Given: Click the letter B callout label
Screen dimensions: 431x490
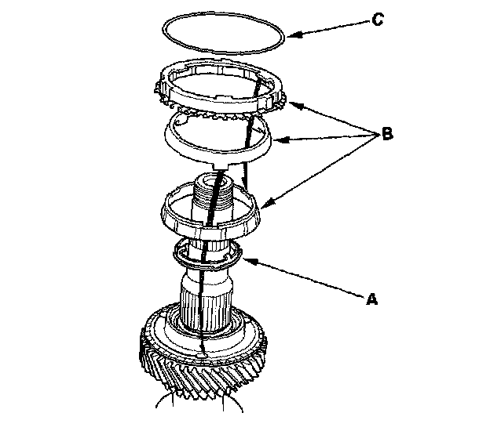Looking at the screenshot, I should tap(387, 135).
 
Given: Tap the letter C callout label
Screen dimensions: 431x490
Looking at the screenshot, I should tap(377, 19).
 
